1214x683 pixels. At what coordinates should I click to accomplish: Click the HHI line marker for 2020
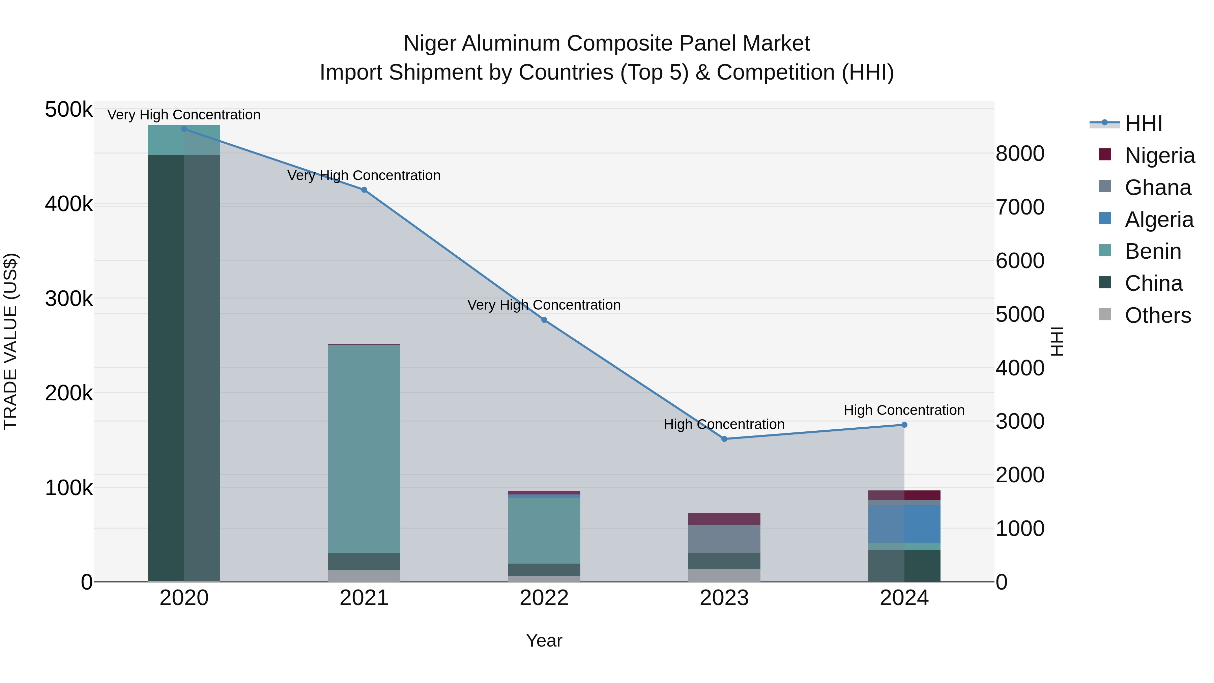184,129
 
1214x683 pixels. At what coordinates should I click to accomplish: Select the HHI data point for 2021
364,190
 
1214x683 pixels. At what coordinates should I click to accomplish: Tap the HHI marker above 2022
544,320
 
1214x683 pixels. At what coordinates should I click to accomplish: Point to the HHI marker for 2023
724,438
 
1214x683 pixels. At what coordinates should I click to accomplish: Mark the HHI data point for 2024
904,424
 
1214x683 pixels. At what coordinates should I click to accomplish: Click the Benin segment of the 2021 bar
364,448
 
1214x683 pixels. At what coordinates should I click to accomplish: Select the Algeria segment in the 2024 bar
904,523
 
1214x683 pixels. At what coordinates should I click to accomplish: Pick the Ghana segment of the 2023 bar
724,538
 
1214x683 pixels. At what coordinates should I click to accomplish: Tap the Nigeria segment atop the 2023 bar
724,518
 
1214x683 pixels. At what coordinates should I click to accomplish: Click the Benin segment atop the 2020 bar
184,140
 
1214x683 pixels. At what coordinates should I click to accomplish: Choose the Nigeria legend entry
1159,155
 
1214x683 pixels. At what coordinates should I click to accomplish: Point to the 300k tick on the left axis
69,298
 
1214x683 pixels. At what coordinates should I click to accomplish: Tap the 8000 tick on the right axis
1020,154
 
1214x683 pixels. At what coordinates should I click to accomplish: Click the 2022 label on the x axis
544,598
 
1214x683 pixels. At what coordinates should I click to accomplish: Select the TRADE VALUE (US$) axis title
11,341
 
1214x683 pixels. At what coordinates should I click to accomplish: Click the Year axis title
544,641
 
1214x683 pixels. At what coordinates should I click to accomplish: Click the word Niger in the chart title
430,44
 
